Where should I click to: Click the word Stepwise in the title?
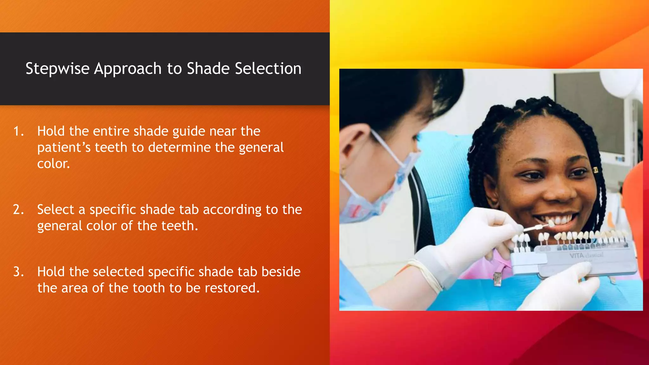[x=57, y=69]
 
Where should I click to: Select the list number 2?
[x=18, y=210]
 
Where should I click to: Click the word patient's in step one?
[x=64, y=148]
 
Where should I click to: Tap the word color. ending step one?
[x=53, y=164]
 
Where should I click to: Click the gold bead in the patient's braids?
[x=595, y=170]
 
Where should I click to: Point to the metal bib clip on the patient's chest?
[x=497, y=279]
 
